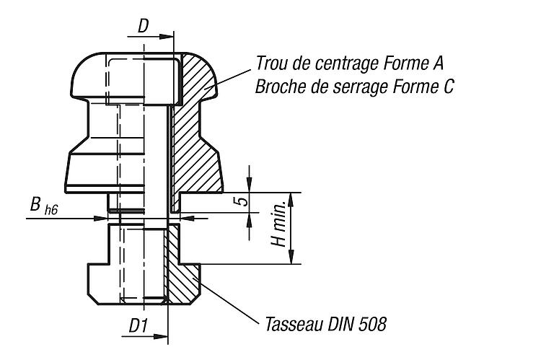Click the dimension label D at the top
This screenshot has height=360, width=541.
tap(144, 26)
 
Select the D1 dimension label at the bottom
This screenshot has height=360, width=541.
tap(138, 325)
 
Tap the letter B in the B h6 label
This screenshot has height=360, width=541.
tap(35, 204)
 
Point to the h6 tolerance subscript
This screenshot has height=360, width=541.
tap(51, 210)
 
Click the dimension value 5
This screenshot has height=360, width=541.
tap(244, 201)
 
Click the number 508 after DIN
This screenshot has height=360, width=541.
tap(373, 324)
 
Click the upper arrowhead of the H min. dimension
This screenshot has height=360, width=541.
tap(291, 200)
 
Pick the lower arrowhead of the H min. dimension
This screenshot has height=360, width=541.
tap(291, 257)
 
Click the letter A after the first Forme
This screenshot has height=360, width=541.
tap(438, 63)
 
